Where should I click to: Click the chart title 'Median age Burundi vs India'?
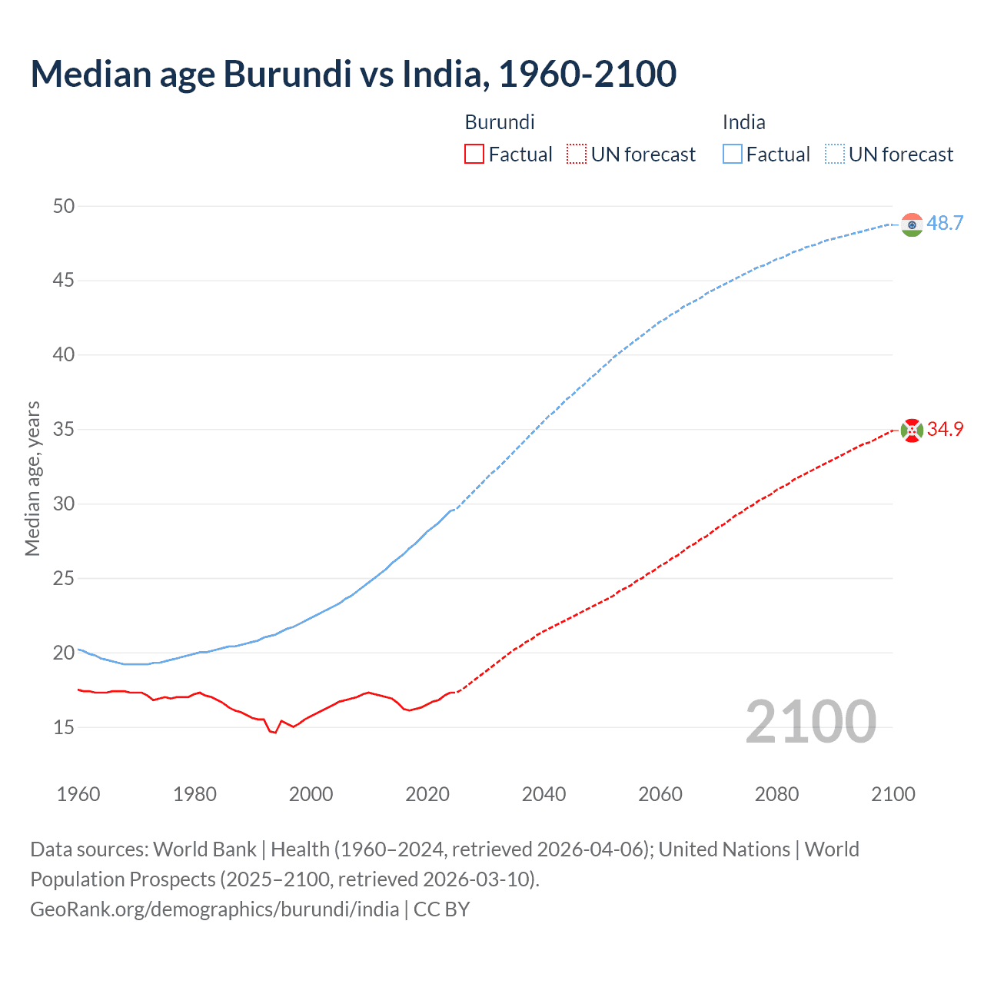[353, 74]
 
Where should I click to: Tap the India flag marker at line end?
[912, 224]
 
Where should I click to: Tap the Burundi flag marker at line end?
[912, 430]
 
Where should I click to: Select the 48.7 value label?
[945, 224]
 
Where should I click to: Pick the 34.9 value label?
[945, 430]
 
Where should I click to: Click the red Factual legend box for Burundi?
[474, 155]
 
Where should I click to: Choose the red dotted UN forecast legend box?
[577, 155]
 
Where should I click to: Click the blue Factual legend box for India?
[732, 155]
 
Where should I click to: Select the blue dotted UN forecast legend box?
[834, 155]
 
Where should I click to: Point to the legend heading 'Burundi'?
[500, 122]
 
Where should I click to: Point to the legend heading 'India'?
[743, 122]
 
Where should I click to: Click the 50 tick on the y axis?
[64, 206]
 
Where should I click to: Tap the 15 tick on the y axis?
[64, 727]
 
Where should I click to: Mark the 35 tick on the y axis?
[64, 430]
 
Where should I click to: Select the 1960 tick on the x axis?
[78, 794]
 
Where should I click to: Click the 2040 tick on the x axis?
[544, 794]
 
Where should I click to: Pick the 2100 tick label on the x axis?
[893, 794]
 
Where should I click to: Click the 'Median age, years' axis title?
[32, 478]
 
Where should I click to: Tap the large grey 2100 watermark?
[810, 721]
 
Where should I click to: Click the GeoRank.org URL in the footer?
[214, 909]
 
